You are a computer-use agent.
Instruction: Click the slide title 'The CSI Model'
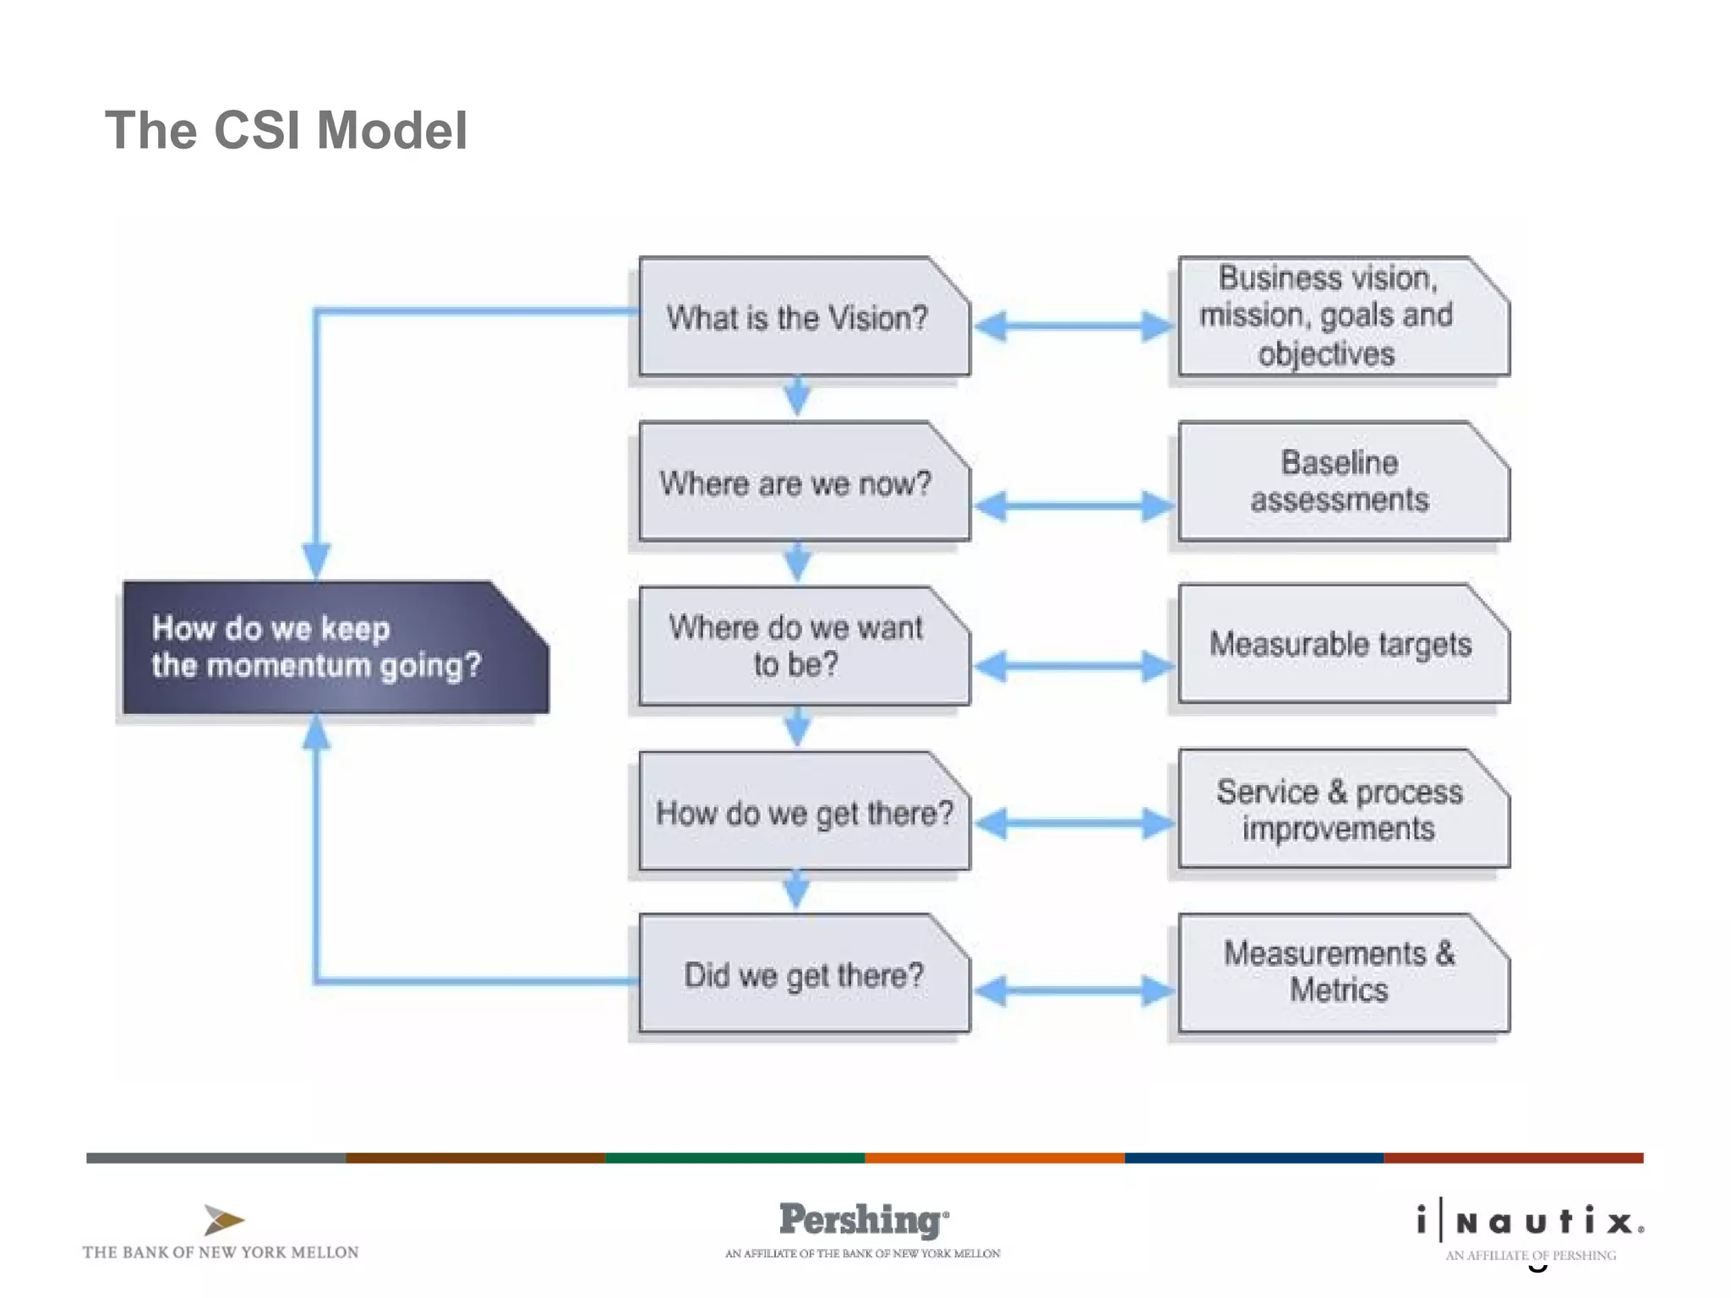coord(286,131)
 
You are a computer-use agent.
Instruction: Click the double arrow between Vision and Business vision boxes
coord(1073,325)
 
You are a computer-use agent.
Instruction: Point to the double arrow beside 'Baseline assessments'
coord(1073,506)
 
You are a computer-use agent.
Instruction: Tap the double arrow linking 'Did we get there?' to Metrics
coord(1073,990)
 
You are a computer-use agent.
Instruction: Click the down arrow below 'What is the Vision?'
coord(797,396)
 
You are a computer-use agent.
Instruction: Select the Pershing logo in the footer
coord(863,1220)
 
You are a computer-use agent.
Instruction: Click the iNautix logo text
coord(1531,1222)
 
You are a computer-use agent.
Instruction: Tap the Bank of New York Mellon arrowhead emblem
coord(223,1220)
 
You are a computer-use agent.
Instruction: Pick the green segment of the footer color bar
coord(734,1158)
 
